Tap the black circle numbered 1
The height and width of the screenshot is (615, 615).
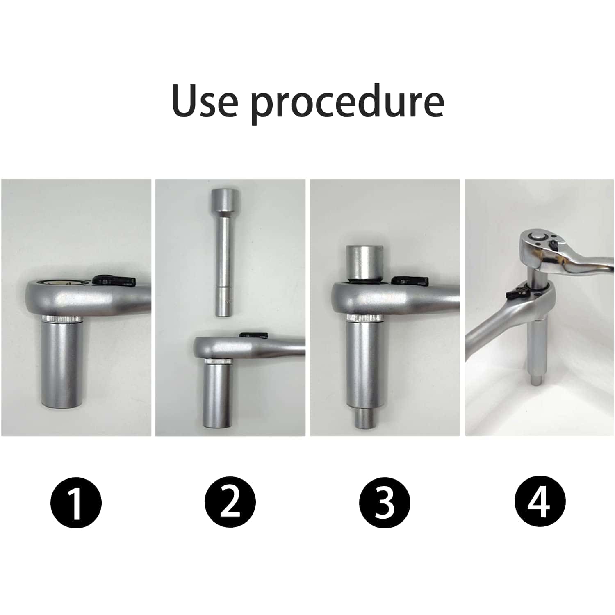[76, 501]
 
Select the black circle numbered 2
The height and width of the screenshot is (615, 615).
[230, 501]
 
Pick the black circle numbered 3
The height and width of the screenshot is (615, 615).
[385, 501]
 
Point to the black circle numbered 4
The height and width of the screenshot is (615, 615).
[540, 501]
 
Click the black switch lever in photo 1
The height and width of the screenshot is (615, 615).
[114, 280]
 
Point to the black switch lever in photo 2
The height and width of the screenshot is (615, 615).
[254, 335]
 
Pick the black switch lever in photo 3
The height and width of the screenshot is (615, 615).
[410, 280]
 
